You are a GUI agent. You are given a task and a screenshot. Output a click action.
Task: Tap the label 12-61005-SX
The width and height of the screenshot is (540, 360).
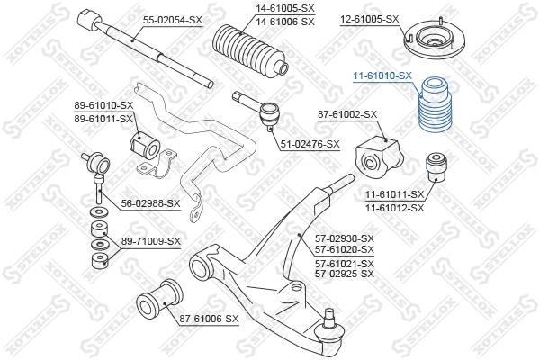[x=368, y=18]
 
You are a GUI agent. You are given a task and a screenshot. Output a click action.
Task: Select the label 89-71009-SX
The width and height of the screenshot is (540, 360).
[x=151, y=241]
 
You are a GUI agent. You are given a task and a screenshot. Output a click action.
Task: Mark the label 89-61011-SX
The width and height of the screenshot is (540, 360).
[x=103, y=117]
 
